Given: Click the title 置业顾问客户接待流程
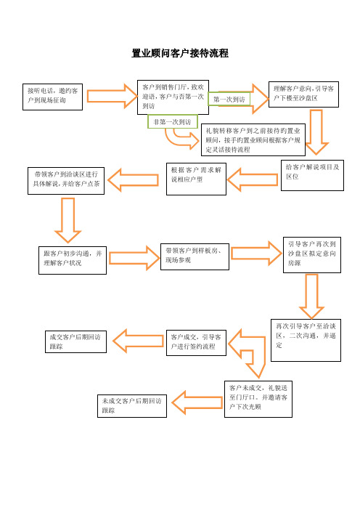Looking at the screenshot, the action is (x=180, y=53).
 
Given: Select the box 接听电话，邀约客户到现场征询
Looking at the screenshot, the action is (x=53, y=97).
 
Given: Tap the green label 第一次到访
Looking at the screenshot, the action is (x=229, y=100).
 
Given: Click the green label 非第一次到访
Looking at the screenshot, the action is (x=172, y=121).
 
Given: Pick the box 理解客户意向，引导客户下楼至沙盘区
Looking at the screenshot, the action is (x=303, y=94).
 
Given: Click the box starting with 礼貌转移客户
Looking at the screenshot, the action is (x=253, y=140).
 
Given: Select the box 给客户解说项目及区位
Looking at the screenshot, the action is (x=312, y=175).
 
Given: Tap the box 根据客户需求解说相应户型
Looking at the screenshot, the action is (x=196, y=179).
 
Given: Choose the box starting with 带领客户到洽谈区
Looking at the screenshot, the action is (x=66, y=181).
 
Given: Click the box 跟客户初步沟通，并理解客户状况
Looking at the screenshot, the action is (x=73, y=260).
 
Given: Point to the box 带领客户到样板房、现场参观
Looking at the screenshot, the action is (x=195, y=256).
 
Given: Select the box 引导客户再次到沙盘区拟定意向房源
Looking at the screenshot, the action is (x=312, y=255).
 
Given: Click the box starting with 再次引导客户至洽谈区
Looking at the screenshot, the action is (x=306, y=340).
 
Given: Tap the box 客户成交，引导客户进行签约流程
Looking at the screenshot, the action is (x=196, y=343).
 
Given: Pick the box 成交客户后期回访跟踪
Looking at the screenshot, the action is (x=75, y=341).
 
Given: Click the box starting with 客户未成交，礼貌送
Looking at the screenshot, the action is (x=258, y=399).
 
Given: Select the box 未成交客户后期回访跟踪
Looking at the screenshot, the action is (x=132, y=406).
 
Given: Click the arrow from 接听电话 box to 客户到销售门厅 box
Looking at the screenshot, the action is (x=112, y=97).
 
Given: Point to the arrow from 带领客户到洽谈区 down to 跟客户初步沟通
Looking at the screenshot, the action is (x=67, y=220).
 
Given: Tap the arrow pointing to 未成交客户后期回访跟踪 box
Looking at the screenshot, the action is (x=197, y=402).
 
